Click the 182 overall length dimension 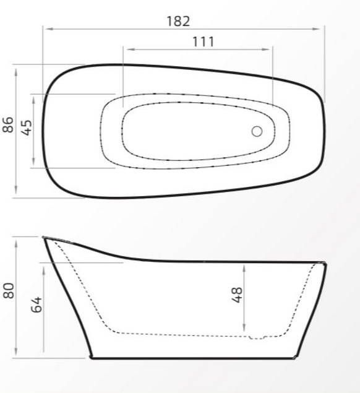tap(178, 20)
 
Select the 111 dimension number tap(203, 41)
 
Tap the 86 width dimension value tap(8, 125)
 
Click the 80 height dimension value tap(8, 291)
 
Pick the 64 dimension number tap(36, 303)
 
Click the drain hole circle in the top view tap(257, 131)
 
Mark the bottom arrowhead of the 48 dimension tap(246, 330)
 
